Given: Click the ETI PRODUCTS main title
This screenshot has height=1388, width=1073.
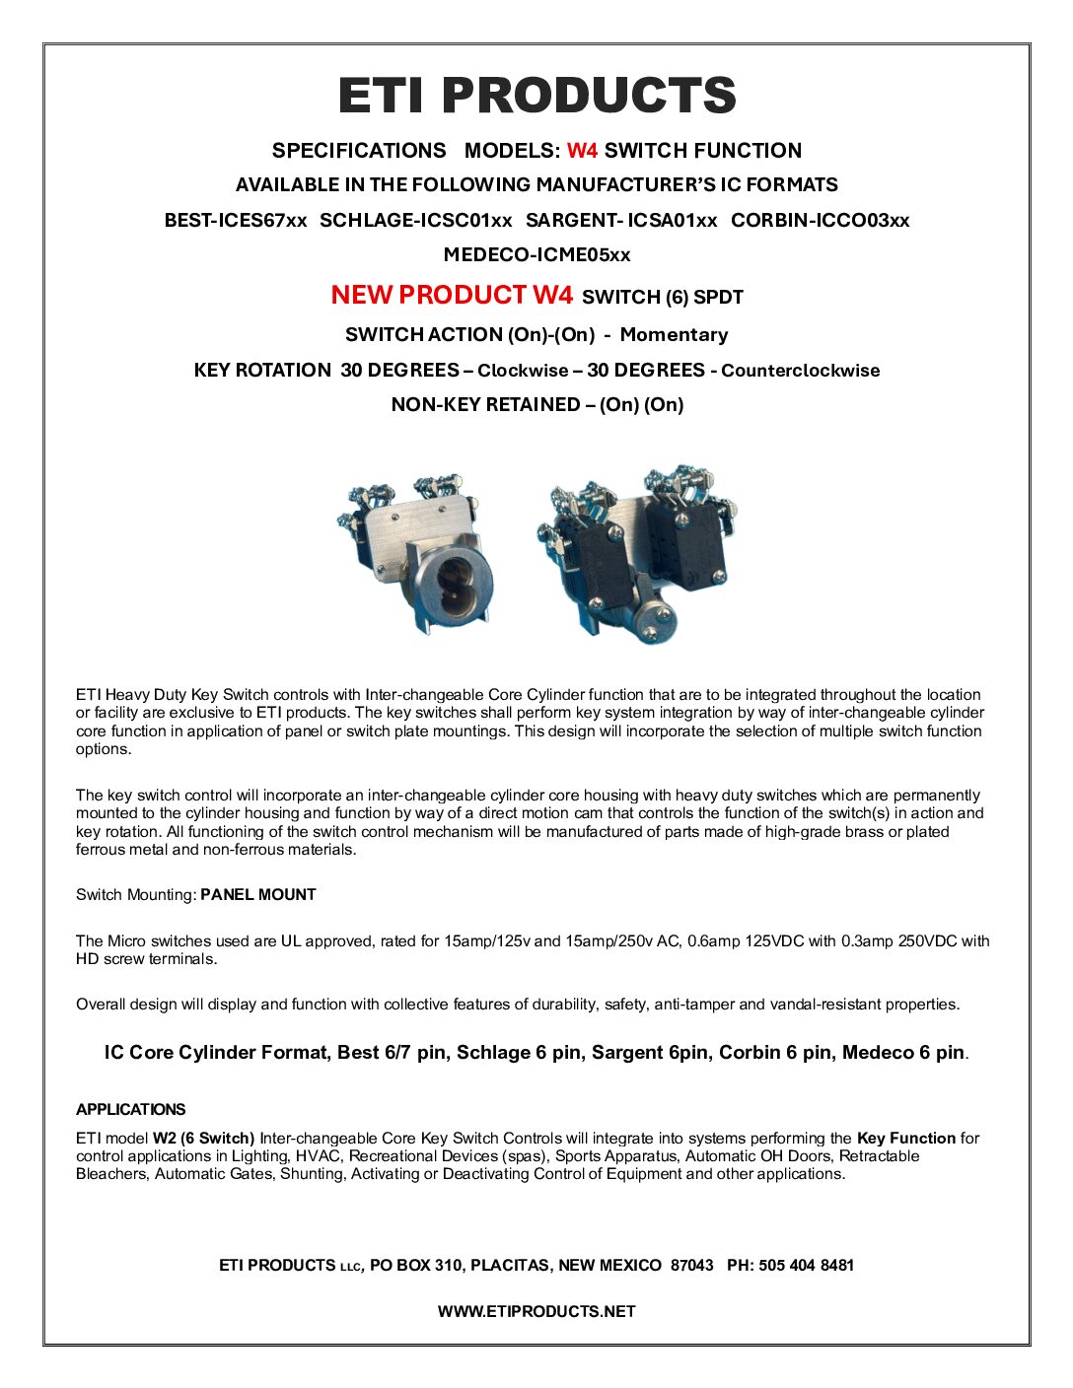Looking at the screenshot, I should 536,96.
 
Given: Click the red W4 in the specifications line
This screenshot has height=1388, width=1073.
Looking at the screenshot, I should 582,151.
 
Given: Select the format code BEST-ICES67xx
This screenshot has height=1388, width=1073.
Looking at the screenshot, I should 236,220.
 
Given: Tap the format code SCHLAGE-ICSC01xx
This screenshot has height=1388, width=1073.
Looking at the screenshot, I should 416,220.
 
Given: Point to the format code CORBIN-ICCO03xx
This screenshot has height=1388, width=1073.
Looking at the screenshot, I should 820,220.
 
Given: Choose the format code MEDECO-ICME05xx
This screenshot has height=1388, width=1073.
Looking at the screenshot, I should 536,254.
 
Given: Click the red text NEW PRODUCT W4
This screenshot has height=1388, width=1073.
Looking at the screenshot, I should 452,295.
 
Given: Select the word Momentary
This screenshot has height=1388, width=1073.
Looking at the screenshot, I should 674,334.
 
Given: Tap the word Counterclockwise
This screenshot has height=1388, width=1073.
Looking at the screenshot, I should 800,371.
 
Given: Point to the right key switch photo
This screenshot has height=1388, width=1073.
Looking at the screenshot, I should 636,557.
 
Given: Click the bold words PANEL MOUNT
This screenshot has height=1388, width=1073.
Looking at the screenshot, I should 258,895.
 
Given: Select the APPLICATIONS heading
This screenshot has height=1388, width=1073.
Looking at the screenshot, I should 130,1109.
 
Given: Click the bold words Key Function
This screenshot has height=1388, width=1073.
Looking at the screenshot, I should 906,1138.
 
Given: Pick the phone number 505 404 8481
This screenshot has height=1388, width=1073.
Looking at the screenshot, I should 806,1265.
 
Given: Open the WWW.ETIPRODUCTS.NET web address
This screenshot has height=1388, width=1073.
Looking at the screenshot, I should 536,1311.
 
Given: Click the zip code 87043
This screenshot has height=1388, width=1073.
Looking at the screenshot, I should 691,1265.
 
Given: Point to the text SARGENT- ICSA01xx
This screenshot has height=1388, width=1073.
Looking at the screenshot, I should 621,220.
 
